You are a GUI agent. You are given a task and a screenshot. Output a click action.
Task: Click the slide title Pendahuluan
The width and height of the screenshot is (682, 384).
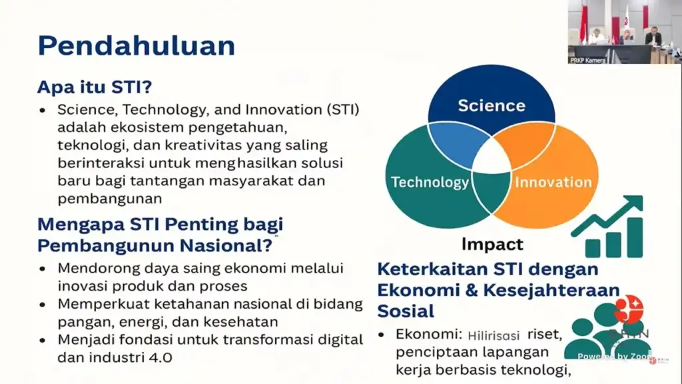136,46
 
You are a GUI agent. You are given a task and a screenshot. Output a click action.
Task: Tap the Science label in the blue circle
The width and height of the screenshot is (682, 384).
492,105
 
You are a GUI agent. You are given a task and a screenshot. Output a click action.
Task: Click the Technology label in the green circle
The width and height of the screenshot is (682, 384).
430,182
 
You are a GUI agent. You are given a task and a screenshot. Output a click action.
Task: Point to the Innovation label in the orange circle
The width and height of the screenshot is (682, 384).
553,182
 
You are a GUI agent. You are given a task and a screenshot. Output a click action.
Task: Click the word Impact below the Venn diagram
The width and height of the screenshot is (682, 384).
492,244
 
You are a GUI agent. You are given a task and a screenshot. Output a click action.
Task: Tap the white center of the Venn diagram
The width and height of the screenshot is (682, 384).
492,157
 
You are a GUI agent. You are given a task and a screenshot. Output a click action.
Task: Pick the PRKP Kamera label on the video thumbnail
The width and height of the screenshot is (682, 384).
587,60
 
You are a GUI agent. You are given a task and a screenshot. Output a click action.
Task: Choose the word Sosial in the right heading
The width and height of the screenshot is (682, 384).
406,311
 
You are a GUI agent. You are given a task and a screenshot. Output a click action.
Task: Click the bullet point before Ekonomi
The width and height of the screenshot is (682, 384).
382,335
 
